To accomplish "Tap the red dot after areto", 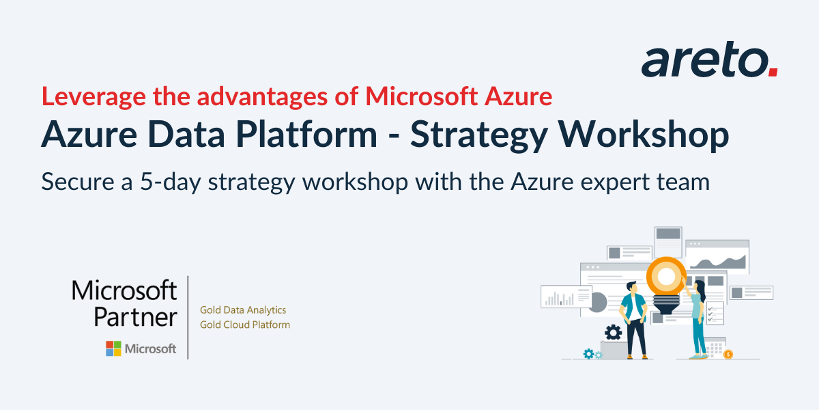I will coord(773,71).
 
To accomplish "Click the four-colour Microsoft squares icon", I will coord(113,348).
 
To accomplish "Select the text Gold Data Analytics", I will coord(242,310).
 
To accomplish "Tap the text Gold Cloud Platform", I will coord(244,325).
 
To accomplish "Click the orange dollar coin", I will coord(728,354).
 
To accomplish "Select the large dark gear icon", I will coord(613,332).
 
